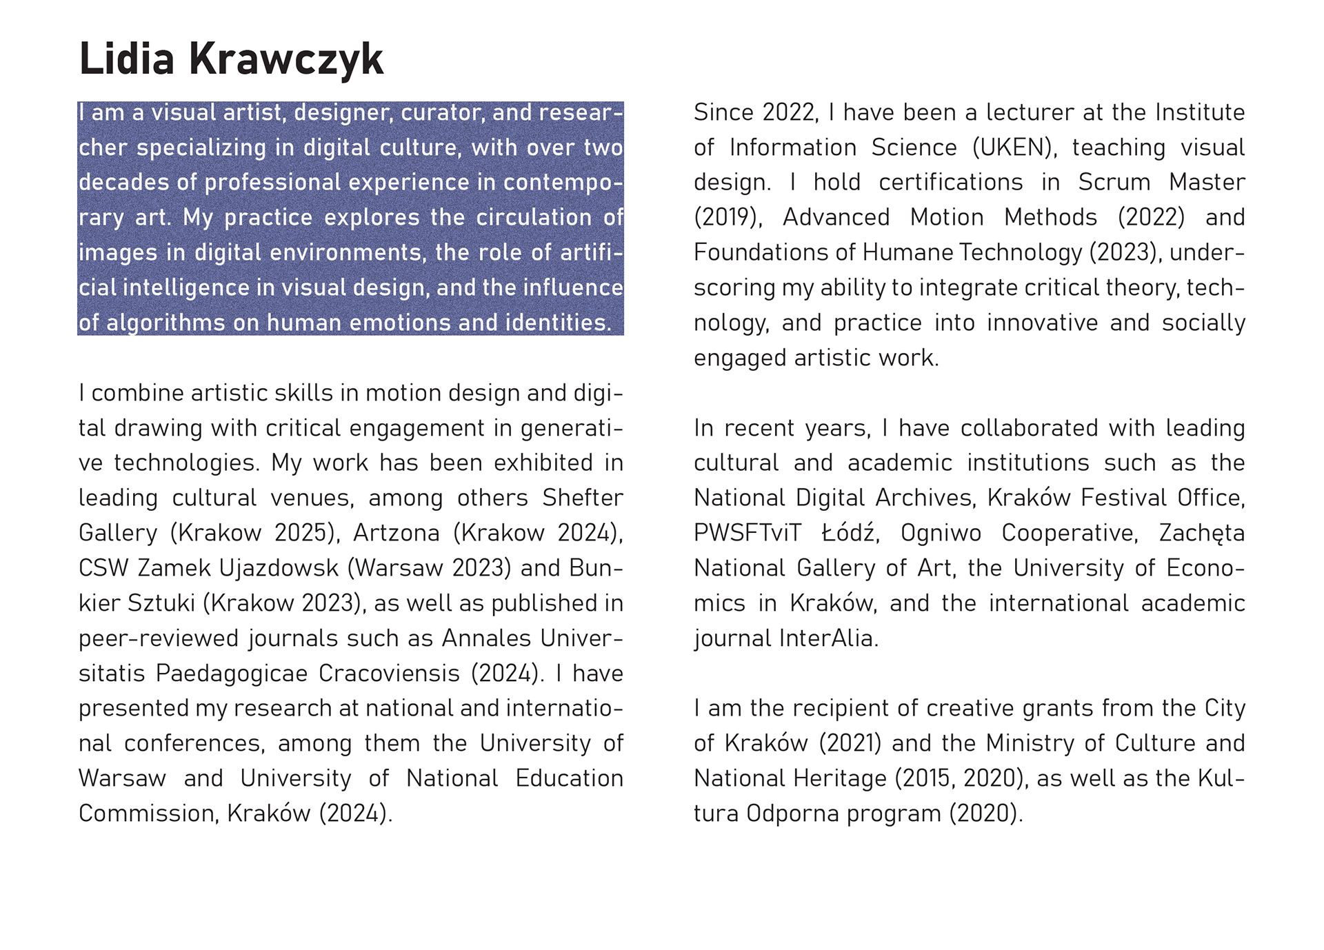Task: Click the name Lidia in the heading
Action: point(126,59)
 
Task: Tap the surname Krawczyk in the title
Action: point(285,59)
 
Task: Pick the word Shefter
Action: point(582,498)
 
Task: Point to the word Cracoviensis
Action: point(389,673)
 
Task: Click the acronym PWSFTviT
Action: point(748,533)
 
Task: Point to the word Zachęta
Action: point(1201,533)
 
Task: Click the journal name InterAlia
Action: point(829,638)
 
